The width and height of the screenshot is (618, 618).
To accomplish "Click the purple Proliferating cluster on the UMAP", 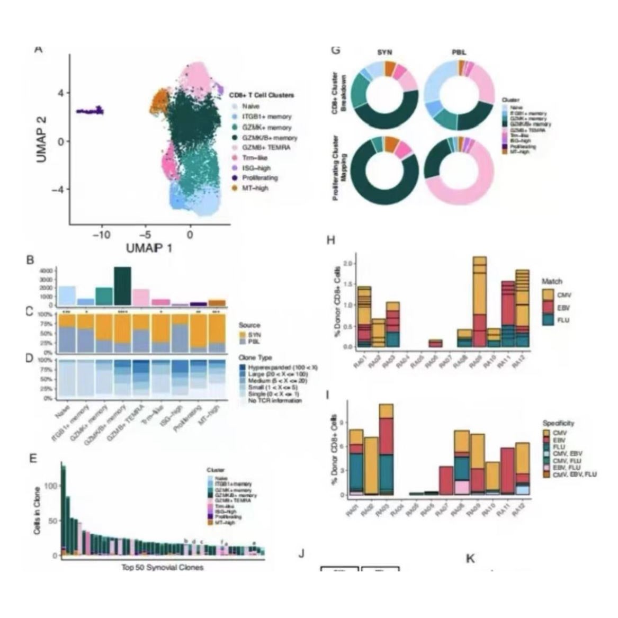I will pyautogui.click(x=91, y=111).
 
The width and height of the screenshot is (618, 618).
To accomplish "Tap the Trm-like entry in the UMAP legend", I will pyautogui.click(x=255, y=158).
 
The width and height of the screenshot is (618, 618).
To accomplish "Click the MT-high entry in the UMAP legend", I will pyautogui.click(x=255, y=188).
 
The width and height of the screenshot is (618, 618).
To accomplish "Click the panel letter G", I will pyautogui.click(x=335, y=51).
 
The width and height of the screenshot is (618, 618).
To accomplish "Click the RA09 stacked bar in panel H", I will pyautogui.click(x=480, y=302).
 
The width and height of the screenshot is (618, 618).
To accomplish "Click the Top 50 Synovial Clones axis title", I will pyautogui.click(x=163, y=567).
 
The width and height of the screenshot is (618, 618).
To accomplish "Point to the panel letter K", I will pyautogui.click(x=470, y=559).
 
